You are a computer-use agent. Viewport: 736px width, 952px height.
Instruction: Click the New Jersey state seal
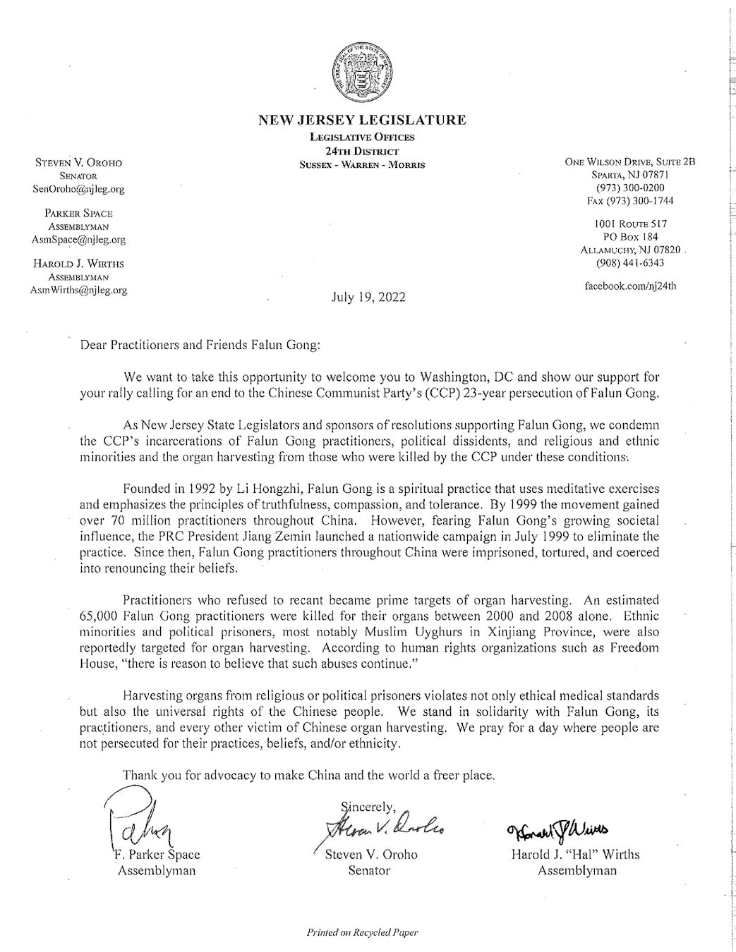(362, 73)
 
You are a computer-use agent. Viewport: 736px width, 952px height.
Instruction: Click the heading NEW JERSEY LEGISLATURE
(362, 120)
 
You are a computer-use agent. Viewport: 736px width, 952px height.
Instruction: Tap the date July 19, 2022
(368, 297)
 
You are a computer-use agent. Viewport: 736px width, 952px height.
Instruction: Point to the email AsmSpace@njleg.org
(78, 239)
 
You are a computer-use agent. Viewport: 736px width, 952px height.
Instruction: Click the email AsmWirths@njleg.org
(78, 290)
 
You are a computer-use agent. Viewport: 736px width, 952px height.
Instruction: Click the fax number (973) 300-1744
(630, 200)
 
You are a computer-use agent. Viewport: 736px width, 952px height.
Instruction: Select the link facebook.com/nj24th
(630, 287)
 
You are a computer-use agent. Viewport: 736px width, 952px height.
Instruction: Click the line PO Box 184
(630, 236)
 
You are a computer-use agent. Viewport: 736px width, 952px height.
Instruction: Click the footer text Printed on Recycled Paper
(362, 932)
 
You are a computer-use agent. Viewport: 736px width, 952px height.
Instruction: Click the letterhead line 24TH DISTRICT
(362, 151)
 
